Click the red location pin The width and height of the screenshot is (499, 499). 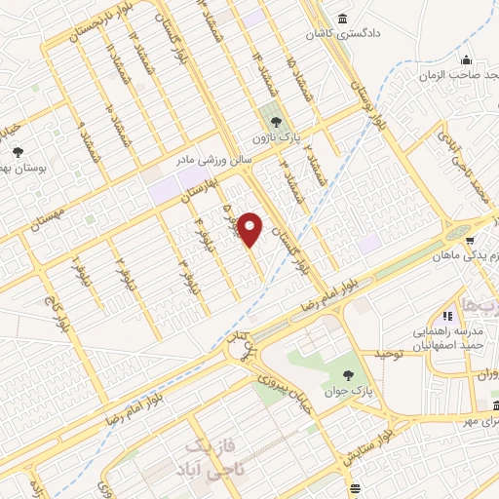point(251,230)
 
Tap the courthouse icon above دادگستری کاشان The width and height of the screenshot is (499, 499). point(341,19)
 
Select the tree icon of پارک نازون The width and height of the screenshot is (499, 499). point(278,122)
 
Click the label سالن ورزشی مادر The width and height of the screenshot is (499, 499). point(213,155)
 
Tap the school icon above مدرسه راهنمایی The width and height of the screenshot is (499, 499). point(449,315)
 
